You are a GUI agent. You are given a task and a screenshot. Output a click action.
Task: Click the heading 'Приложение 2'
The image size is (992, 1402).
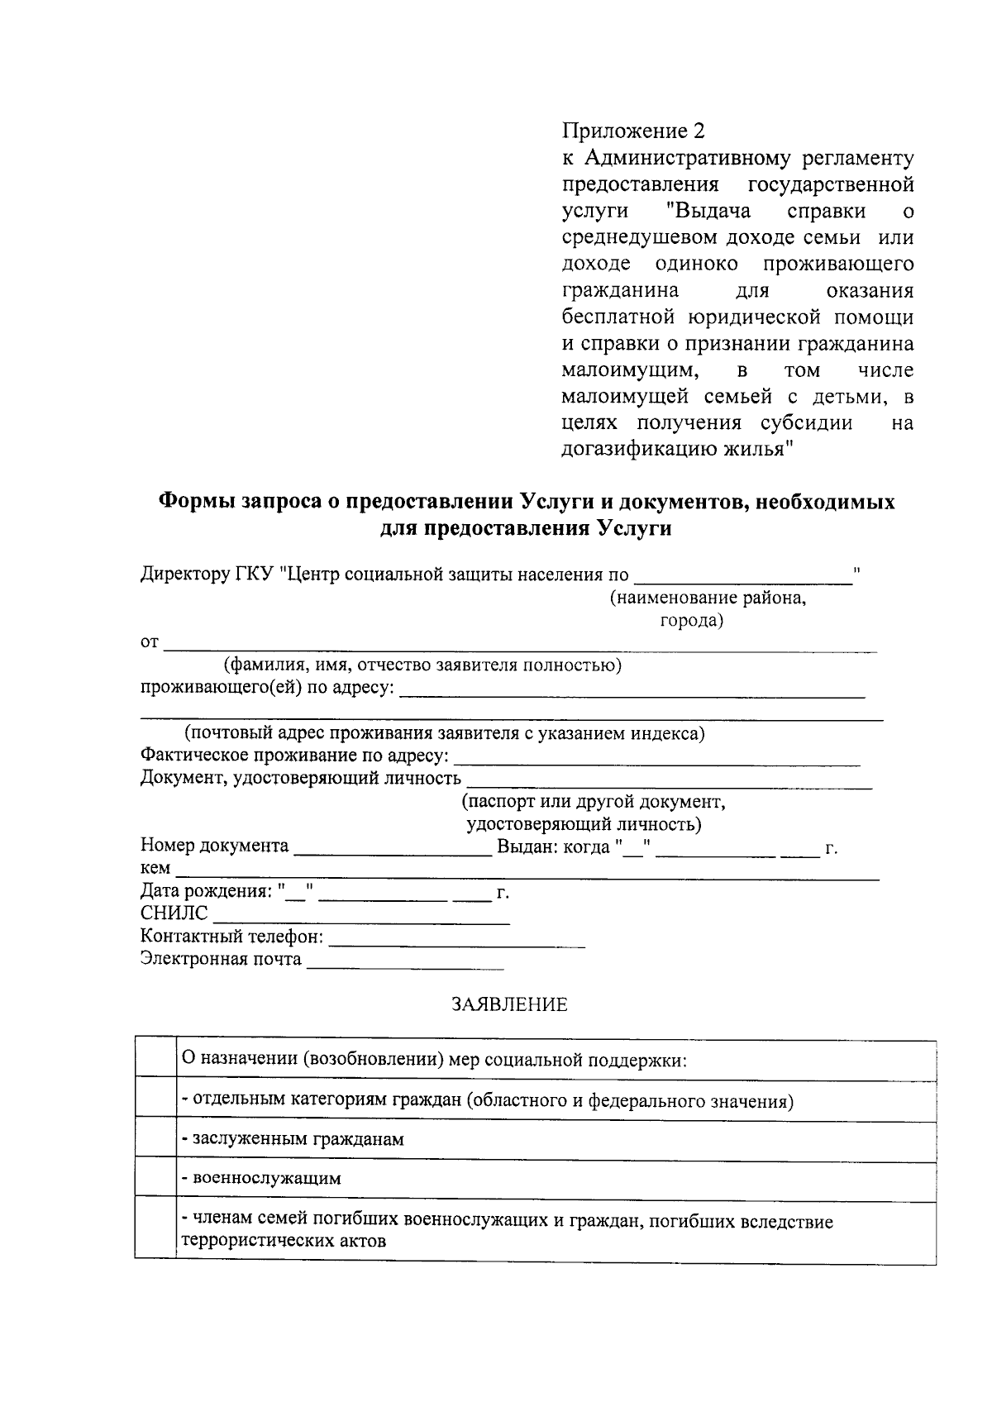coord(634,131)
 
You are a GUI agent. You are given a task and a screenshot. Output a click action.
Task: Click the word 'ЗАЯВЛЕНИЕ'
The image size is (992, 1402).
coord(509,1004)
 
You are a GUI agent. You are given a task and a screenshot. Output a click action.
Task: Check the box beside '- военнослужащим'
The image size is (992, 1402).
coord(155,1177)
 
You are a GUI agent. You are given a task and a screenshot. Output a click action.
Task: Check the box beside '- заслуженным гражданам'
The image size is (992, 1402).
coord(155,1138)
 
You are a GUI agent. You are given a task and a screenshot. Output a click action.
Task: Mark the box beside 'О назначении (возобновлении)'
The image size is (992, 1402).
coord(155,1059)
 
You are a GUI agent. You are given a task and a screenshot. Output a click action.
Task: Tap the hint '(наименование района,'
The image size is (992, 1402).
coord(708,598)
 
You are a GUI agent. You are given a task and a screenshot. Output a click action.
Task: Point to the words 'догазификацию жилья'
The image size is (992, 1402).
coord(673,450)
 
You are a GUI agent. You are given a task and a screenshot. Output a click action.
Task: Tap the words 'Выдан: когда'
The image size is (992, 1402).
coord(552,846)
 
